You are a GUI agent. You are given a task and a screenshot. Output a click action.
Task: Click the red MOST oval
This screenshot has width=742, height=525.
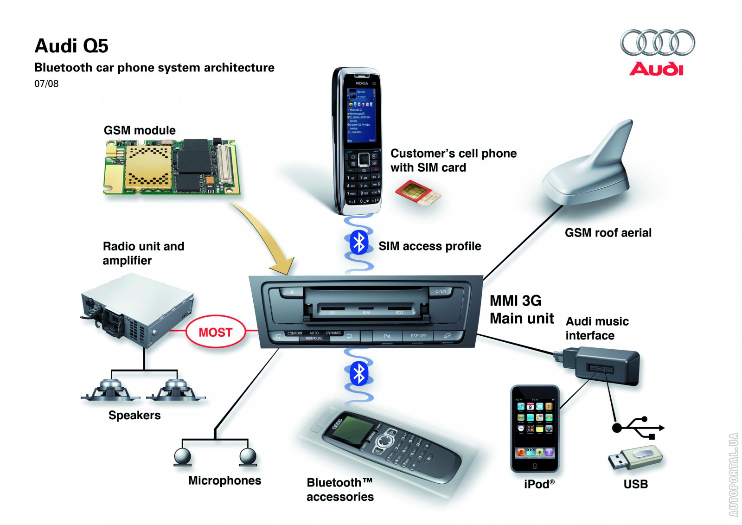coord(215,332)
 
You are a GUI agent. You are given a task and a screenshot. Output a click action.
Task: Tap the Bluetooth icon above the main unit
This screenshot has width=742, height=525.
coord(358,242)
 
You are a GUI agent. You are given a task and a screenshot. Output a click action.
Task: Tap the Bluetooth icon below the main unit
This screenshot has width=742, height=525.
coord(358,374)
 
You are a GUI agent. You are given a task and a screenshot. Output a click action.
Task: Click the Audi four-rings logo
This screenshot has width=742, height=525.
coord(657,43)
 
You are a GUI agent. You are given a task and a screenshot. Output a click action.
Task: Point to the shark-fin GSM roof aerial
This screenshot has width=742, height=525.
coord(594,167)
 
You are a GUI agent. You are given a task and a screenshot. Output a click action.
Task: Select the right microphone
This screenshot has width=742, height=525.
coord(248,456)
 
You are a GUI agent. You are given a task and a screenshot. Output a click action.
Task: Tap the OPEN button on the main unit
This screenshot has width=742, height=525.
coord(441,291)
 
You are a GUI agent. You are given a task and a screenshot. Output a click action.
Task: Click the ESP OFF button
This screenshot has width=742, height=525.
coord(418,336)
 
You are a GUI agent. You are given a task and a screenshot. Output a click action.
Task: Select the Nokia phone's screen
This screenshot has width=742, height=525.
coord(362,114)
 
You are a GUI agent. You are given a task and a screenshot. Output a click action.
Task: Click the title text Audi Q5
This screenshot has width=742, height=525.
coord(71,46)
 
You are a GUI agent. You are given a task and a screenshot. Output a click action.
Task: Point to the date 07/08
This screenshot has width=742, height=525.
coord(46,84)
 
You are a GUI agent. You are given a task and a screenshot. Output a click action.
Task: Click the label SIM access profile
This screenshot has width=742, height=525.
coord(429,246)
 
